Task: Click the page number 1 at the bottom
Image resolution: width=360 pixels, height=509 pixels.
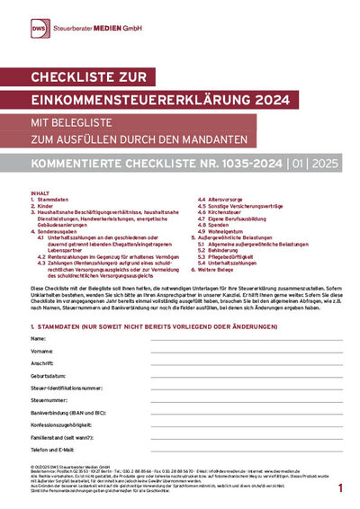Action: pyautogui.click(x=340, y=487)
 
